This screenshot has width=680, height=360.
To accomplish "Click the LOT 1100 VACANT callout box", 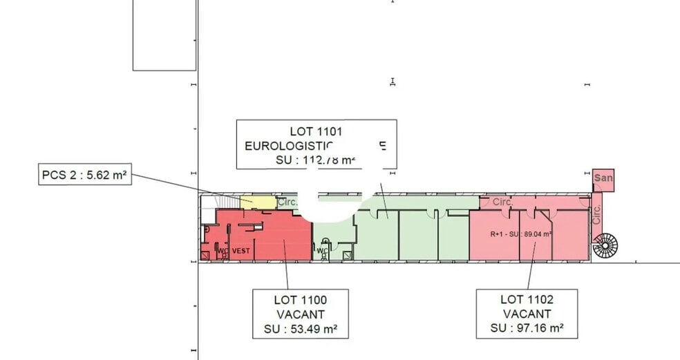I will tap(300, 314).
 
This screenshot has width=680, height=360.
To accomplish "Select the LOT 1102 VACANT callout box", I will tap(527, 314).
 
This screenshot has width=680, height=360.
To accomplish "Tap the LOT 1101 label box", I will tap(316, 144).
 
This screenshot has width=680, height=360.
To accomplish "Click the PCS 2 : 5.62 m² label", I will tap(84, 176).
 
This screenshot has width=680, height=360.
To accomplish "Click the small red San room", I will tap(603, 178).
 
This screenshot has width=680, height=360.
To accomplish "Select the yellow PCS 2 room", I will tap(256, 202).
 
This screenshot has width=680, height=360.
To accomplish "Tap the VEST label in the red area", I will tap(240, 251).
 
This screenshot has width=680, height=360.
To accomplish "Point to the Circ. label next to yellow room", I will tap(286, 203).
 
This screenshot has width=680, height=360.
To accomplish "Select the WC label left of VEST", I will tap(223, 251).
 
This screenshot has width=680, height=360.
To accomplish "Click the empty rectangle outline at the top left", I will tap(164, 35).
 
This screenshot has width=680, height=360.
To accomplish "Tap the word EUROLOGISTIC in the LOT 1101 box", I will tap(290, 146).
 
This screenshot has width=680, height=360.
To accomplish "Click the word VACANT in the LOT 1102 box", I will tap(527, 314).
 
